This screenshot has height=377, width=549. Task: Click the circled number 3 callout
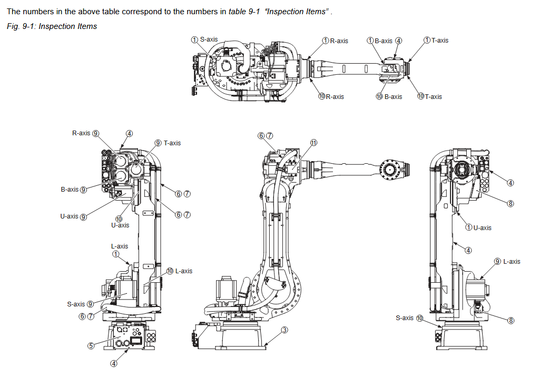(284, 330)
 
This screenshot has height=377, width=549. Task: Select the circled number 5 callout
(91, 345)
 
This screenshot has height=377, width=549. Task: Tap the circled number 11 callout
(313, 143)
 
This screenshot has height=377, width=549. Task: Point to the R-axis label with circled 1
(335, 41)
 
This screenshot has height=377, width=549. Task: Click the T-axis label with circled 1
(436, 40)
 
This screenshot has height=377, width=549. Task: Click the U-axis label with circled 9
(73, 216)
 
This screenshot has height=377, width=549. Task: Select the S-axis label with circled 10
(409, 318)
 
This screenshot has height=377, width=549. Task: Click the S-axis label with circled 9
(80, 304)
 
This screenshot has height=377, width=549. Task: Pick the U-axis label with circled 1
(478, 227)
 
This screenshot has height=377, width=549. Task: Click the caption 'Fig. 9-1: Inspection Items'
(52, 26)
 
